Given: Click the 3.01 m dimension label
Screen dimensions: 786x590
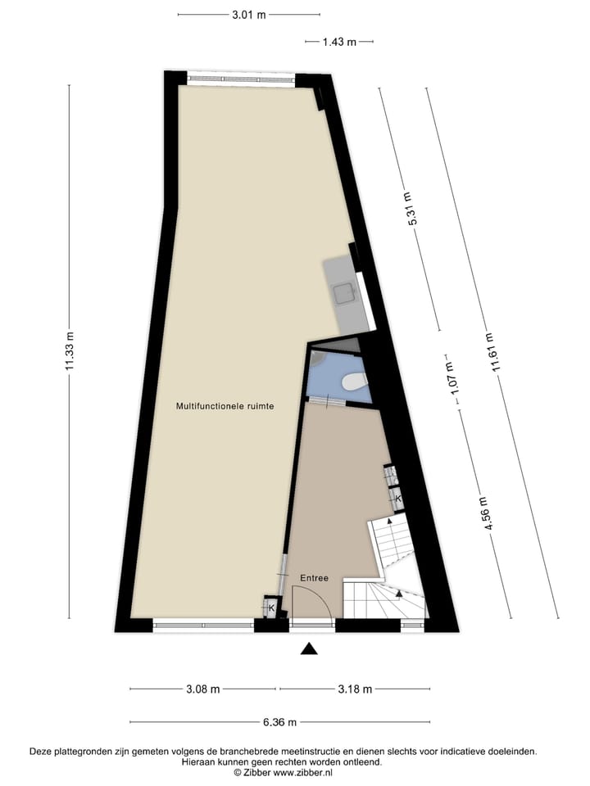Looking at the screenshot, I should click(249, 15).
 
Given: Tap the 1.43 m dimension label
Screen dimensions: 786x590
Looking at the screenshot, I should click(339, 42).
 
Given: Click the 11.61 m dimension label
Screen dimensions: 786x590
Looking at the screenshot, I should click(492, 353).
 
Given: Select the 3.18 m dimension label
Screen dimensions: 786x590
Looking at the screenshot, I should click(355, 689).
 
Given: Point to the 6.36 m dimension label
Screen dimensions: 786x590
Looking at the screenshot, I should click(279, 722).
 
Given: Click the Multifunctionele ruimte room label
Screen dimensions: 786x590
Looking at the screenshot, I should click(225, 406).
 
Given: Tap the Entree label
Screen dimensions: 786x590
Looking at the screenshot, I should click(314, 578).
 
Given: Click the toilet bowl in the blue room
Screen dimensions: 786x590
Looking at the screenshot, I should click(354, 382).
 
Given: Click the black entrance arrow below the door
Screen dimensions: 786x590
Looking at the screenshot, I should click(308, 649).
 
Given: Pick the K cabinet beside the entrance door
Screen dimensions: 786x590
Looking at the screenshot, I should click(270, 608).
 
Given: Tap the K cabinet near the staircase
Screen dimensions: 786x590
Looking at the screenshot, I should click(397, 498).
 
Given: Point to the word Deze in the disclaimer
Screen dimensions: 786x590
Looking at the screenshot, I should click(41, 751).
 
